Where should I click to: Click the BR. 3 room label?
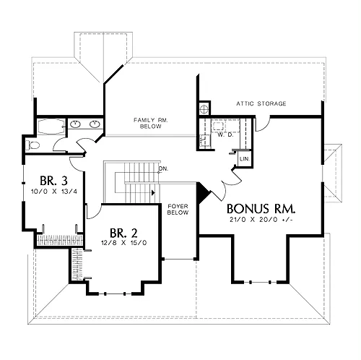53,181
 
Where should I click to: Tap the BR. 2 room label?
123,233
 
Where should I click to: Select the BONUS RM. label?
261,209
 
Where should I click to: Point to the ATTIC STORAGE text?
261,103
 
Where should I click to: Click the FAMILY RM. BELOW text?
151,123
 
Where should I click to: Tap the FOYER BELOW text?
178,210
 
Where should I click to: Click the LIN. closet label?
245,159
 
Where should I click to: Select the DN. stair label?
164,168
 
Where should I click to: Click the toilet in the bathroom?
32,145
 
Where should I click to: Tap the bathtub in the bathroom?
51,127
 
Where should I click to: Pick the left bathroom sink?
76,124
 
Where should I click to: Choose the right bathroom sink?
95,124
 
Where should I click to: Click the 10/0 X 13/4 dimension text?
54,192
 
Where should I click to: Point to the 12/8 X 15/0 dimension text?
123,243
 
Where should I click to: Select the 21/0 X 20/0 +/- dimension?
261,220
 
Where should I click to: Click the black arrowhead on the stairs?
153,193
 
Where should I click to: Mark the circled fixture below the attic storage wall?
204,109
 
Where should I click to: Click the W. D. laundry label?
225,135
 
